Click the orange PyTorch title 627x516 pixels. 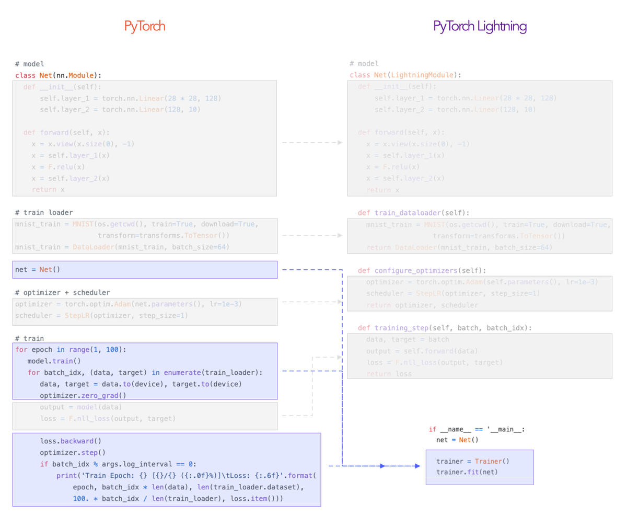point(145,26)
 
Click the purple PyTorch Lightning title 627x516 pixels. point(480,26)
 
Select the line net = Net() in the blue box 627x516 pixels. point(38,270)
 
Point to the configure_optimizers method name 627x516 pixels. point(416,270)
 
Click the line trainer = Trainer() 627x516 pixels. point(472,461)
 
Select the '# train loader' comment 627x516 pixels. point(44,212)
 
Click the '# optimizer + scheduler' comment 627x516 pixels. point(62,292)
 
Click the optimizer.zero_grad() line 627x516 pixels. point(83,395)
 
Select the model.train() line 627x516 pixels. point(54,361)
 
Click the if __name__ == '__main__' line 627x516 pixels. point(476,429)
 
